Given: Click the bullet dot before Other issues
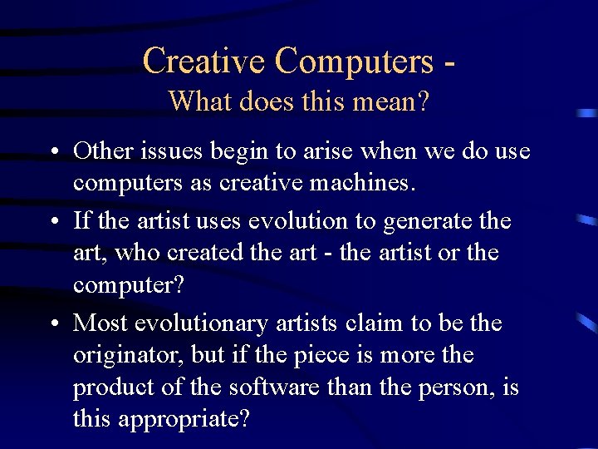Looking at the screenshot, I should coord(52,152).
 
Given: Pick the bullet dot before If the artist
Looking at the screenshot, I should coord(52,222).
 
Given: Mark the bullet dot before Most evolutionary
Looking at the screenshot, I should coord(52,323).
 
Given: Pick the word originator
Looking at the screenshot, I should coord(128,356).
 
